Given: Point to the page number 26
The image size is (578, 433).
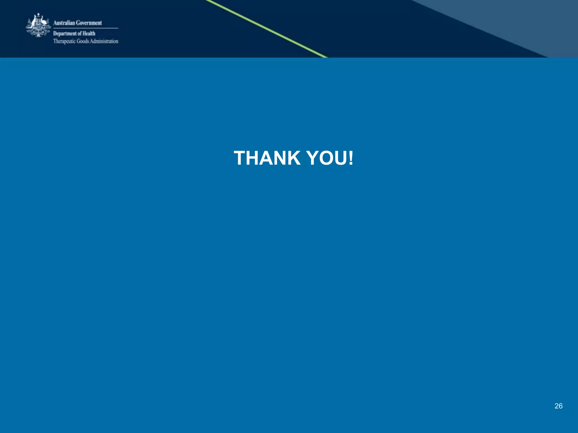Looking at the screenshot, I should [x=558, y=406].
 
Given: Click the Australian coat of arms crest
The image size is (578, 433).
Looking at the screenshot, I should [x=38, y=25].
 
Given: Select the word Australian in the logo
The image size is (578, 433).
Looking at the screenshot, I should [x=64, y=23].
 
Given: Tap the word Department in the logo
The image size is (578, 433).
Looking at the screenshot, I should [x=65, y=34].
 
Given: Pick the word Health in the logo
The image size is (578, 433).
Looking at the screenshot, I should [x=89, y=33].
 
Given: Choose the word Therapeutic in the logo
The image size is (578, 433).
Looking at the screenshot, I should [x=64, y=41].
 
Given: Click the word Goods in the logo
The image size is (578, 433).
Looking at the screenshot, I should [x=83, y=41].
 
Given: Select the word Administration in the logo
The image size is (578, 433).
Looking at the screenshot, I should [x=104, y=41].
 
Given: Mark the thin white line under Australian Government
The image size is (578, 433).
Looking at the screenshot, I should [x=86, y=28].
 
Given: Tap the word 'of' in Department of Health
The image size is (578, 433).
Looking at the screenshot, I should [x=80, y=34].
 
